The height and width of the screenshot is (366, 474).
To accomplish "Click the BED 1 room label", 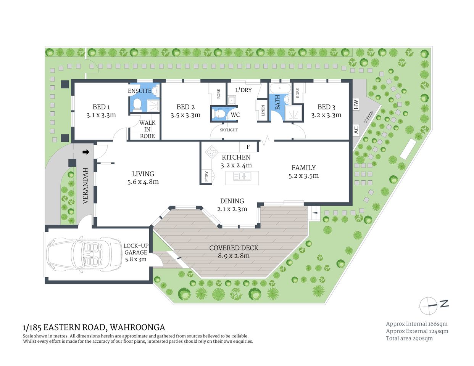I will point(101,107).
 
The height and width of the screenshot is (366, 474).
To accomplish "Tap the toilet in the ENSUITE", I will point(137,104).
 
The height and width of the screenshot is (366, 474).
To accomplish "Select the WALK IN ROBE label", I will point(147,129).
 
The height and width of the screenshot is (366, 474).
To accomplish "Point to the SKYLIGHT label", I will point(229,130).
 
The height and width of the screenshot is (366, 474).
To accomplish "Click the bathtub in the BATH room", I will point(280,88).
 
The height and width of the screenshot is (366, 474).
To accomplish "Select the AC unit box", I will point(356,130).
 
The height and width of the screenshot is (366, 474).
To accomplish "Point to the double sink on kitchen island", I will point(242,177).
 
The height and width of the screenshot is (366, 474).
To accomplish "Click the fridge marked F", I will point(248,147).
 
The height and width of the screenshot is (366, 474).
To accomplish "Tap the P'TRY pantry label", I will point(206,176).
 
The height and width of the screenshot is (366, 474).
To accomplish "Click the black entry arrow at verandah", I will point(86,152).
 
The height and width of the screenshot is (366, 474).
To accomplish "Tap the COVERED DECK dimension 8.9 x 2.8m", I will point(234,256).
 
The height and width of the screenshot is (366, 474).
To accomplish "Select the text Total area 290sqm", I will point(409,338).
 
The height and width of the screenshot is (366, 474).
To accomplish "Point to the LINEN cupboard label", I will point(263,111).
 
